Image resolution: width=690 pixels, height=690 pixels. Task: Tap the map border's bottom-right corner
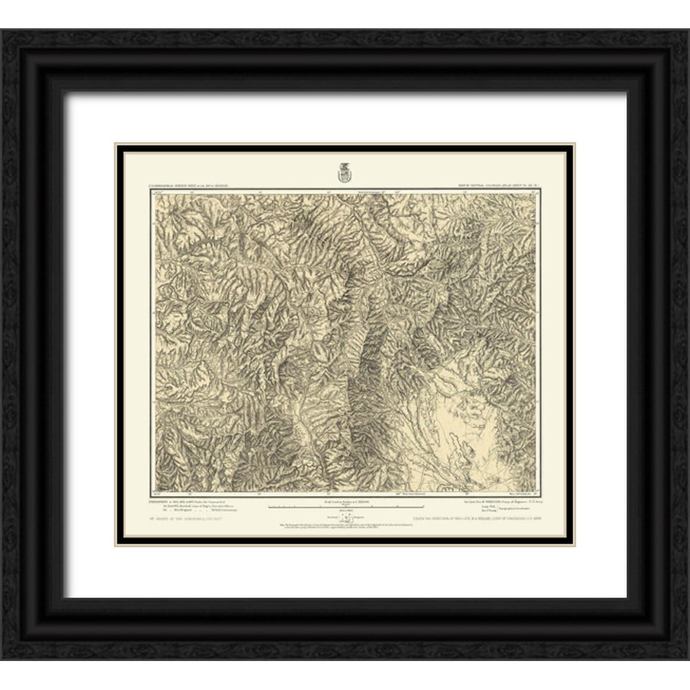[x=538, y=495]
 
